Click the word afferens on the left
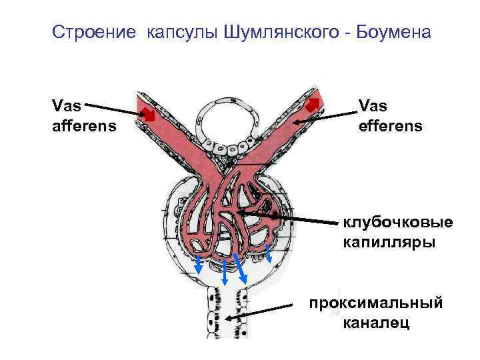(x=84, y=125)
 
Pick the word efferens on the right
(x=391, y=125)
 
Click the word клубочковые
(x=397, y=222)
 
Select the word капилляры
(x=389, y=241)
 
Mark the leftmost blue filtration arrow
(x=199, y=263)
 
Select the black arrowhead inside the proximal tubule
(x=229, y=319)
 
